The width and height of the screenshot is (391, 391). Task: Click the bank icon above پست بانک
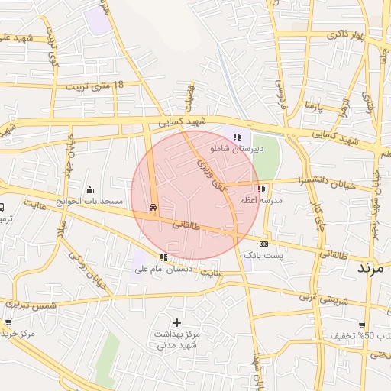coord(264,244)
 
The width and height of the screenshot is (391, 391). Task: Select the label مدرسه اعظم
coord(261,200)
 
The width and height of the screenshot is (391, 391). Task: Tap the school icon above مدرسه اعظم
coord(262,188)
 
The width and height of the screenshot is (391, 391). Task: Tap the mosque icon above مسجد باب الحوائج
coord(90,189)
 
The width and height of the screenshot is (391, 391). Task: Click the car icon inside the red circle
coord(154,207)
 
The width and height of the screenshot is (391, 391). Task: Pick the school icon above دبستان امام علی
coord(163,257)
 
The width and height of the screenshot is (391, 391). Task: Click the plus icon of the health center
coord(177,322)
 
